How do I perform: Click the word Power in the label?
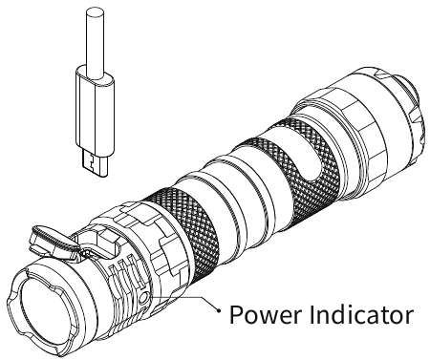(x=265, y=315)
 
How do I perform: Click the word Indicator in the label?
(x=361, y=314)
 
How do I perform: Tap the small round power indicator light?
(x=144, y=298)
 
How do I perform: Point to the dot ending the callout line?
(x=219, y=310)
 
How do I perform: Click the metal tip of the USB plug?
(x=96, y=163)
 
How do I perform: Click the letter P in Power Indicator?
(x=236, y=315)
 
